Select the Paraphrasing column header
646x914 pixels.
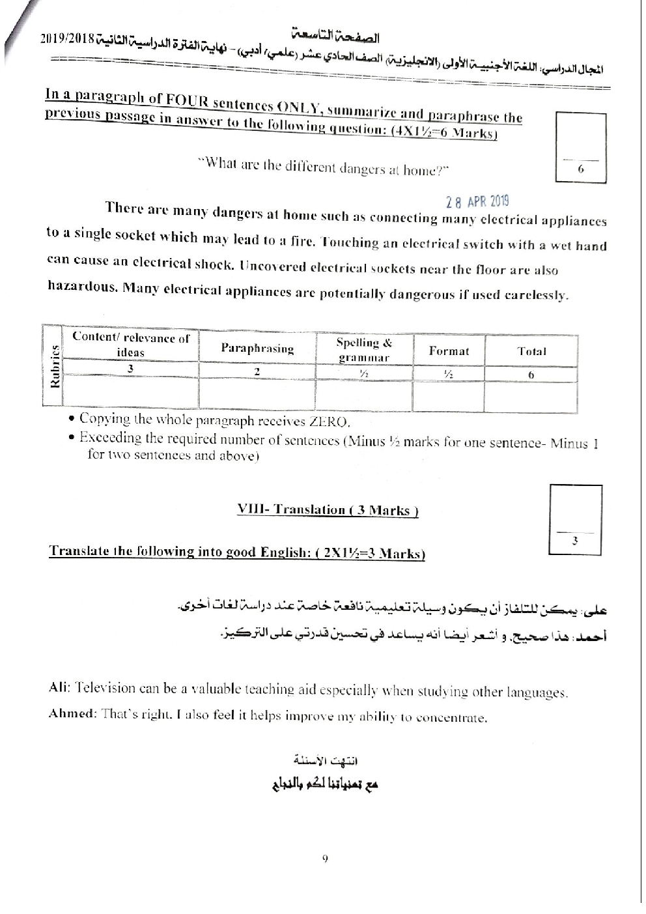click(x=257, y=349)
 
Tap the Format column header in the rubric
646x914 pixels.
click(x=449, y=351)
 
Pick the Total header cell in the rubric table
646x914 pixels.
click(x=531, y=351)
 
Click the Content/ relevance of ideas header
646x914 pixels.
click(x=131, y=345)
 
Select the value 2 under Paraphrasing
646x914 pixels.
click(x=257, y=371)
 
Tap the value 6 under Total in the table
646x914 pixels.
click(x=531, y=375)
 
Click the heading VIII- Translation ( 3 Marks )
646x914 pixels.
click(x=328, y=510)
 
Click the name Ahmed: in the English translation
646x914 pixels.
click(x=72, y=713)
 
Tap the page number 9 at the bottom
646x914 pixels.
click(x=324, y=859)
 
